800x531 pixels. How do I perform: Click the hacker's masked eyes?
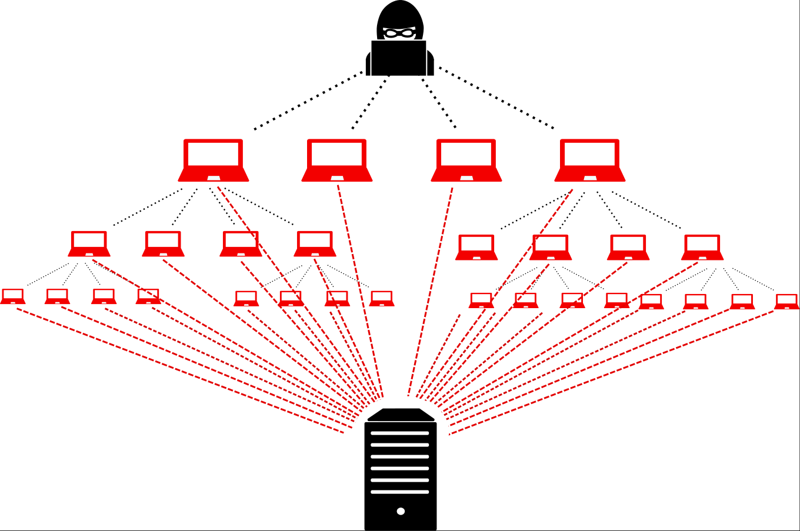(x=399, y=33)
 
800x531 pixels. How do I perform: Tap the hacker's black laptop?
(x=399, y=58)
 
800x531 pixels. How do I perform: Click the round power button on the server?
(x=401, y=511)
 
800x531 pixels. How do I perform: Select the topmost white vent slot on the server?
(x=400, y=433)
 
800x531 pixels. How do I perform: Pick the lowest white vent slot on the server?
(x=400, y=492)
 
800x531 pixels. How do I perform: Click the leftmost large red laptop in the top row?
(x=213, y=160)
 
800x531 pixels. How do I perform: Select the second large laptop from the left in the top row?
(x=336, y=160)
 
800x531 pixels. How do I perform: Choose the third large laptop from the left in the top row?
(x=466, y=160)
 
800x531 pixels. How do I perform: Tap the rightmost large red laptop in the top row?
(x=589, y=160)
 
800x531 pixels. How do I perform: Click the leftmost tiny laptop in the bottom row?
(x=12, y=296)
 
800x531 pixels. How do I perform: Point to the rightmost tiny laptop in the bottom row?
(x=786, y=301)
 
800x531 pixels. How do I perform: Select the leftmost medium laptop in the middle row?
(x=89, y=243)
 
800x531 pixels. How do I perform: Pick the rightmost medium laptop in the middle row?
(x=702, y=247)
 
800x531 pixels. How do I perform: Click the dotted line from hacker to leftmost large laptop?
(x=309, y=100)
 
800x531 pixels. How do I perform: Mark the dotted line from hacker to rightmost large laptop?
(x=496, y=98)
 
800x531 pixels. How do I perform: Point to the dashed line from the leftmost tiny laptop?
(x=176, y=370)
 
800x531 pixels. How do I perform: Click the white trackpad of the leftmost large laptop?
(x=214, y=178)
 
